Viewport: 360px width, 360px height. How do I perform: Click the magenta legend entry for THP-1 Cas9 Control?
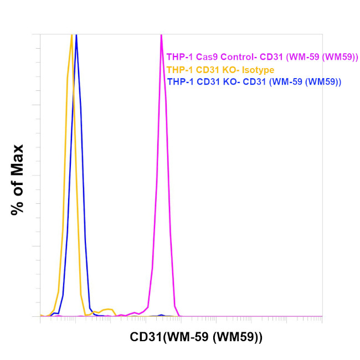tap(263, 56)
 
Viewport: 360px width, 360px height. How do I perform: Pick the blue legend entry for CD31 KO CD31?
tap(254, 81)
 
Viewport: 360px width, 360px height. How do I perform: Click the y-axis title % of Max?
tap(18, 179)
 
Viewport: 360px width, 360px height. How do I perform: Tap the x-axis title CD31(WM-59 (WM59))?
tap(196, 337)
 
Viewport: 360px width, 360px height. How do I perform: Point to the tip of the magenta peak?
tap(161, 35)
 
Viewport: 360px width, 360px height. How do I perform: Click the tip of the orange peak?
tap(71, 35)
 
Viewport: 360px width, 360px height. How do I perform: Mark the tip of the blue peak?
tap(76, 35)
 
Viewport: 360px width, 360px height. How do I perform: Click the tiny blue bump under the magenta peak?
tap(161, 315)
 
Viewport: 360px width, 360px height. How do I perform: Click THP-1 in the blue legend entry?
tap(178, 81)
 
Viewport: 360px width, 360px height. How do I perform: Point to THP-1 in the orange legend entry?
tap(178, 69)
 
